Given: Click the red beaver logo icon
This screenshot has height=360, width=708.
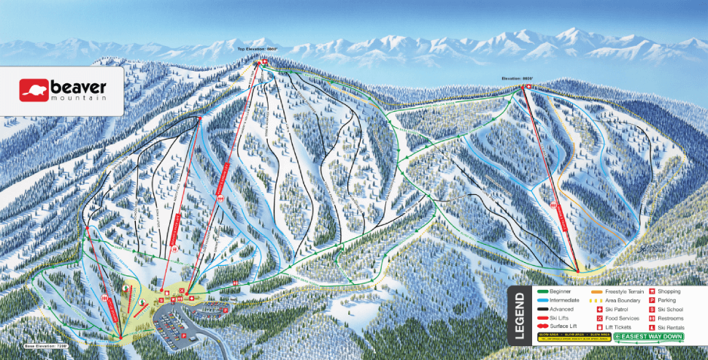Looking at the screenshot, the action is click(x=34, y=90).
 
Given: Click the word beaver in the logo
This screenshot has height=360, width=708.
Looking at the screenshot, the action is click(x=78, y=86).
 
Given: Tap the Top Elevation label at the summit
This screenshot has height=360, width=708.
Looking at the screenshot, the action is click(x=257, y=49).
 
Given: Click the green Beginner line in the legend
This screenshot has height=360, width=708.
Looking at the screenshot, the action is click(x=542, y=291).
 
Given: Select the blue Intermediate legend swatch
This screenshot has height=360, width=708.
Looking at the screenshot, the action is click(x=542, y=300).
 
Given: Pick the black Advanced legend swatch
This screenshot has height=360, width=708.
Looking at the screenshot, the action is click(x=542, y=309).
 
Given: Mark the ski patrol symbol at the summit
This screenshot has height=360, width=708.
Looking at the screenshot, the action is click(x=257, y=63).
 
